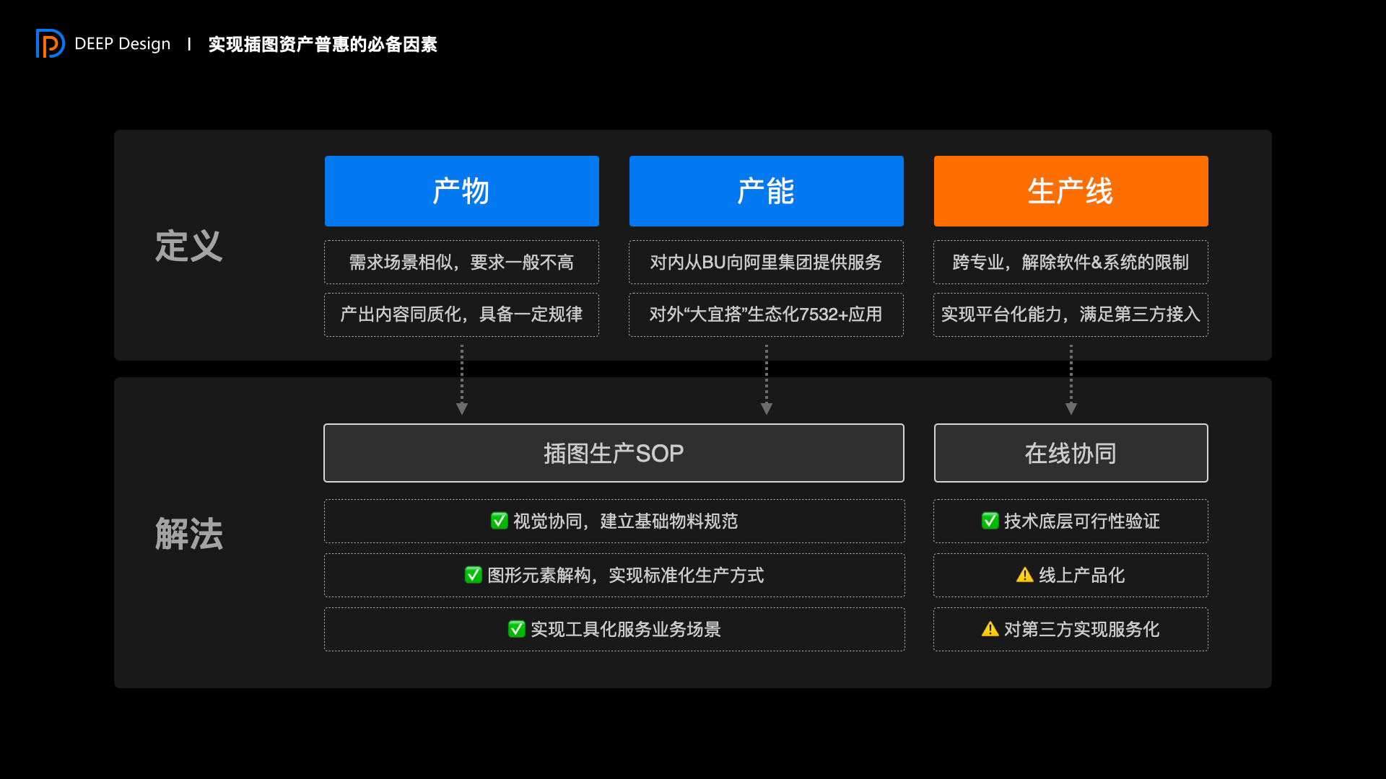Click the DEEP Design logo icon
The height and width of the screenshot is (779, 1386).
pyautogui.click(x=50, y=43)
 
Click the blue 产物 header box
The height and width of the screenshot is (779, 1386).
pyautogui.click(x=461, y=191)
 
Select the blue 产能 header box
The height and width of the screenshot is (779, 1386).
pyautogui.click(x=766, y=191)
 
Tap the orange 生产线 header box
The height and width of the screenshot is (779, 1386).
pyautogui.click(x=1071, y=191)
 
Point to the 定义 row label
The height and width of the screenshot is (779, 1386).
pyautogui.click(x=188, y=246)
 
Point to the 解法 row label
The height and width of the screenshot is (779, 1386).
pyautogui.click(x=188, y=534)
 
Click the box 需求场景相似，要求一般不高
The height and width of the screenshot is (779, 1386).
pyautogui.click(x=461, y=263)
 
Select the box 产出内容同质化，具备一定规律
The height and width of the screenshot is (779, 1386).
pyautogui.click(x=461, y=314)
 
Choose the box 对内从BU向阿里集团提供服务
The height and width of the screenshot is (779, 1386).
pyautogui.click(x=766, y=263)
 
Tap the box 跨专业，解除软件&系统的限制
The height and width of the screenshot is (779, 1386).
pyautogui.click(x=1071, y=263)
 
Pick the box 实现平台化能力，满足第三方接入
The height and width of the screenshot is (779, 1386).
pyautogui.click(x=1071, y=314)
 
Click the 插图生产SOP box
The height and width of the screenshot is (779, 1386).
pyautogui.click(x=614, y=453)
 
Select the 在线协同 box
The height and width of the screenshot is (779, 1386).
pyautogui.click(x=1071, y=453)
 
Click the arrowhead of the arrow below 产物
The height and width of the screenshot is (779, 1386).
pyautogui.click(x=462, y=408)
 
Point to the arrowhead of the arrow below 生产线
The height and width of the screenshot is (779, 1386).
pyautogui.click(x=1071, y=408)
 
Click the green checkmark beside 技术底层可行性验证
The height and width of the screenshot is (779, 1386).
pyautogui.click(x=990, y=521)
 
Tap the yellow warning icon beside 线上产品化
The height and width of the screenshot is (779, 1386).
pyautogui.click(x=1024, y=575)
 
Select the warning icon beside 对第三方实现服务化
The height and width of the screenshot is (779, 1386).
pyautogui.click(x=990, y=629)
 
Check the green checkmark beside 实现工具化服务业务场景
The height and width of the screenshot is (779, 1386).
pyautogui.click(x=516, y=629)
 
